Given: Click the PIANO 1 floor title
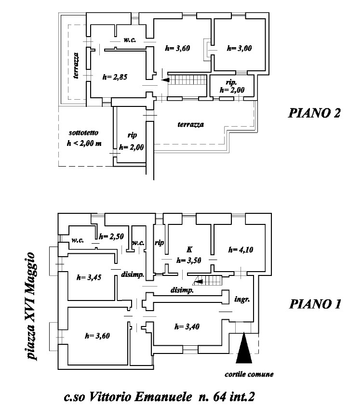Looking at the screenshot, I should (315, 304).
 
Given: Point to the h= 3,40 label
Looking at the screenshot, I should (186, 327).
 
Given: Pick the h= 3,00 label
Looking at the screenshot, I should (239, 48).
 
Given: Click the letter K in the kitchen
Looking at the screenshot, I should (189, 250).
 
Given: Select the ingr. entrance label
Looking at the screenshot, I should (241, 299).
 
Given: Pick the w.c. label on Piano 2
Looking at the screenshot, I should (129, 40).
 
